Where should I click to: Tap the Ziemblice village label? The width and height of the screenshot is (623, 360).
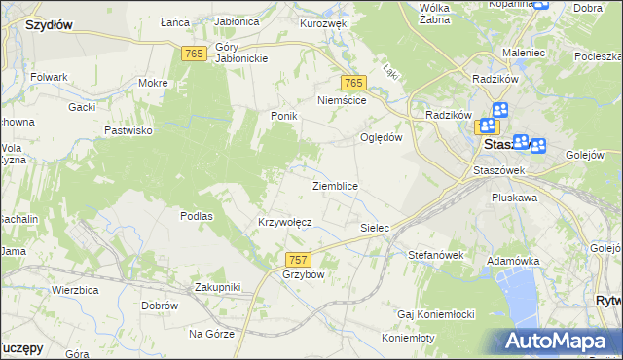(335, 185)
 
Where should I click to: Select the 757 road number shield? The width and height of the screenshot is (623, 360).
(299, 260)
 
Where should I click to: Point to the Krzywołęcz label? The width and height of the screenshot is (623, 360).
(284, 222)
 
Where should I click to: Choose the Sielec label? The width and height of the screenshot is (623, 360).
(375, 228)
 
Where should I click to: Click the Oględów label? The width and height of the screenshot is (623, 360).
(382, 137)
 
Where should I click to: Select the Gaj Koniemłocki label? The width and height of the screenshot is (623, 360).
(435, 314)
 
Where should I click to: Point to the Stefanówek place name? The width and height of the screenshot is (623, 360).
(435, 255)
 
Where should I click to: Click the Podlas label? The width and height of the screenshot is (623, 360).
(197, 216)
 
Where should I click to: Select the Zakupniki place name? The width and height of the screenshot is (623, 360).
(217, 287)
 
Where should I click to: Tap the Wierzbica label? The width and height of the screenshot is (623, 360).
(77, 290)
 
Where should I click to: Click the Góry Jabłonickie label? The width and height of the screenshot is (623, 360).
(228, 52)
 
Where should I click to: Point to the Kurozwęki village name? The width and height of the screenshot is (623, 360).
(324, 22)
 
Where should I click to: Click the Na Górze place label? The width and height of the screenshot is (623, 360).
(211, 334)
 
